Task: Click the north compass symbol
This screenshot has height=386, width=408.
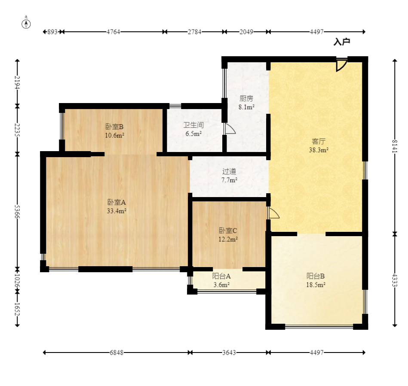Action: click(26, 23)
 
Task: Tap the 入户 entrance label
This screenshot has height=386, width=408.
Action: click(342, 42)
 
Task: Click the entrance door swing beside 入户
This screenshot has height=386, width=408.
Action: click(341, 65)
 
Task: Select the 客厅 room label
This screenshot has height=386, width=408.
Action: click(319, 141)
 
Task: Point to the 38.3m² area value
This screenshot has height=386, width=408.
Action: click(319, 150)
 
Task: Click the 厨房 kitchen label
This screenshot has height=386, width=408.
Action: click(246, 98)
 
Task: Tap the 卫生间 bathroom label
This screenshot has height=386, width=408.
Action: click(193, 125)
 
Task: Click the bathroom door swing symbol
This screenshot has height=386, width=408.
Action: click(230, 129)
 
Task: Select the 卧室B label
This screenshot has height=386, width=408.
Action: click(114, 127)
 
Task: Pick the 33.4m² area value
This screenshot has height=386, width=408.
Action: click(117, 211)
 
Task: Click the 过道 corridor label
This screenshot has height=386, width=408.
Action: click(229, 171)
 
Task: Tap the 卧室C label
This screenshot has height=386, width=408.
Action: click(228, 231)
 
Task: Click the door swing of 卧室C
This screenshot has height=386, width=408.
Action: click(274, 213)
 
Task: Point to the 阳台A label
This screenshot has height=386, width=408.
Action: click(221, 276)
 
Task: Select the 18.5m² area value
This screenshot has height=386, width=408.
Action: click(316, 285)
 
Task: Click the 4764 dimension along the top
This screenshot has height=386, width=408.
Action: click(114, 32)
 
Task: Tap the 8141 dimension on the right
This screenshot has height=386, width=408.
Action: click(395, 146)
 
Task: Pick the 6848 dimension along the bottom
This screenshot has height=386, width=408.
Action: click(117, 353)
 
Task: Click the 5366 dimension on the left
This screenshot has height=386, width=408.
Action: click(17, 212)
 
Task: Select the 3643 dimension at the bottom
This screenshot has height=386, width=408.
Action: click(229, 353)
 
